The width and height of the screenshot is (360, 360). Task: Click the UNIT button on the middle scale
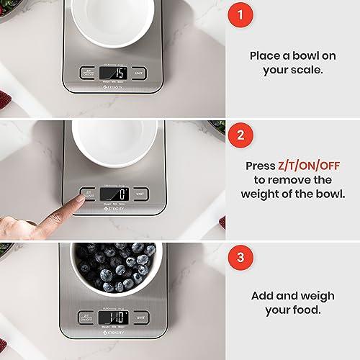(141, 194)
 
